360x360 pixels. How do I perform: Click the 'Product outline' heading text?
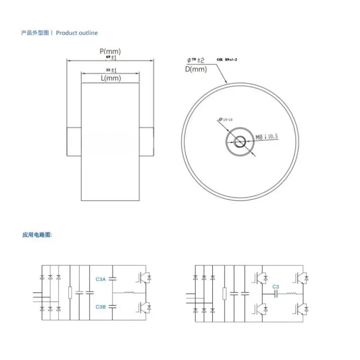pyautogui.click(x=76, y=33)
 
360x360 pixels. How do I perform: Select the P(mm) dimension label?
pyautogui.click(x=110, y=52)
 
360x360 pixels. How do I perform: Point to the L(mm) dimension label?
pyautogui.click(x=111, y=78)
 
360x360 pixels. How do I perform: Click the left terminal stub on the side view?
pyautogui.click(x=74, y=141)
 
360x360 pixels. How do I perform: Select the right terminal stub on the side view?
pyautogui.click(x=146, y=141)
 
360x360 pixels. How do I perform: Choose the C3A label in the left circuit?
pyautogui.click(x=101, y=279)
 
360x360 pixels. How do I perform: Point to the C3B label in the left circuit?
pyautogui.click(x=101, y=306)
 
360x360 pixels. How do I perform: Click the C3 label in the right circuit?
pyautogui.click(x=275, y=287)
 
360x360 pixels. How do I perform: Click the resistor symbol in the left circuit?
pyautogui.click(x=70, y=292)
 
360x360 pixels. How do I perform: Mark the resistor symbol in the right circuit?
pyautogui.click(x=224, y=293)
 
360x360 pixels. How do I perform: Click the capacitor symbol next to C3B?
pyautogui.click(x=113, y=306)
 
